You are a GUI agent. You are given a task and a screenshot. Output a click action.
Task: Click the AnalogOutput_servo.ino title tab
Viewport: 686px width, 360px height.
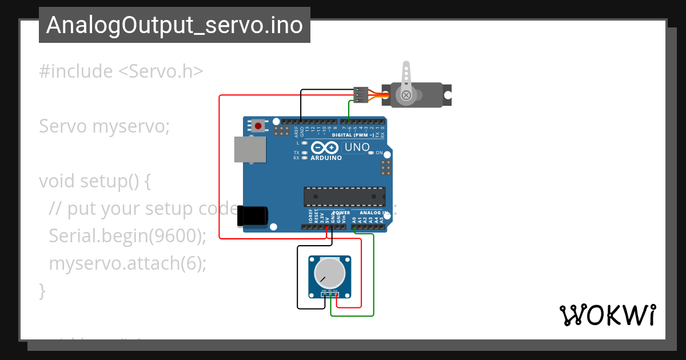click(x=174, y=25)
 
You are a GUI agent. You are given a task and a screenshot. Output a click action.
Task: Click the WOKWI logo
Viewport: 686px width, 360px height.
click(x=607, y=315)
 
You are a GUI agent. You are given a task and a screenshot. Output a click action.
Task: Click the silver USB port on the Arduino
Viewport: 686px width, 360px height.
click(x=250, y=150)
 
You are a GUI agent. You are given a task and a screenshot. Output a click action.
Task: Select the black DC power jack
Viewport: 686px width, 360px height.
click(x=253, y=215)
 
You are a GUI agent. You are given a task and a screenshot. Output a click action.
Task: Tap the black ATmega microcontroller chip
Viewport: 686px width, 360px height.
click(x=344, y=196)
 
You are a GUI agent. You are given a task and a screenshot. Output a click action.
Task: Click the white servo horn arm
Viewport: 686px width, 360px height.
click(x=406, y=80)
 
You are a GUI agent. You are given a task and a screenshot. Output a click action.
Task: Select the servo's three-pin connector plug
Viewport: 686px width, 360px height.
click(x=361, y=95)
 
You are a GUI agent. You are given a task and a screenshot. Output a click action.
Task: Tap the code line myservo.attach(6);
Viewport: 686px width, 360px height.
click(x=127, y=263)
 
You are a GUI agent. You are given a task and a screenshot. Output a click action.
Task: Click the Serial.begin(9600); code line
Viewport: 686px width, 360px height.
click(x=127, y=235)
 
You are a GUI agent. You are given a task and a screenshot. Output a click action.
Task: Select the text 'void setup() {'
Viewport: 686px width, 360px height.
click(x=94, y=181)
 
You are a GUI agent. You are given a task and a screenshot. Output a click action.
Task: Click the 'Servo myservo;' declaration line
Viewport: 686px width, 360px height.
click(x=104, y=126)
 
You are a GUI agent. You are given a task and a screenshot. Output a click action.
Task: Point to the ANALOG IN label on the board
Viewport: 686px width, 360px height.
click(x=374, y=213)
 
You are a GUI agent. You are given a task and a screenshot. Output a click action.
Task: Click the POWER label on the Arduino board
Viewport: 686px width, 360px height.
click(x=341, y=213)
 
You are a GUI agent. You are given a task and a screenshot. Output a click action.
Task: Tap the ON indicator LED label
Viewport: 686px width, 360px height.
click(x=379, y=153)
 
